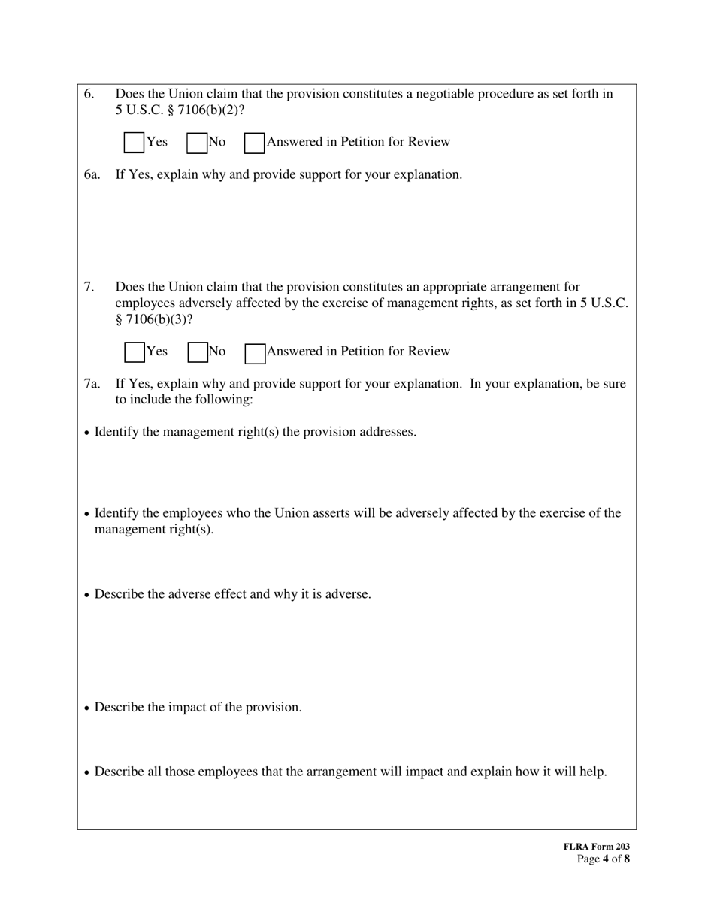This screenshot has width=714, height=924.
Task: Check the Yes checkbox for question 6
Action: [134, 143]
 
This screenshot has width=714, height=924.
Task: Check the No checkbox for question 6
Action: [197, 143]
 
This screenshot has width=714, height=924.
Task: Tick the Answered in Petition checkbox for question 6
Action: [255, 143]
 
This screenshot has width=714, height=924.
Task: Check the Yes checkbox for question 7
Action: [134, 352]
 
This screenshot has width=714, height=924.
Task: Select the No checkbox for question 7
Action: [197, 352]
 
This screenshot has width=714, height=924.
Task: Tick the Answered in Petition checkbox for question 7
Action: [255, 352]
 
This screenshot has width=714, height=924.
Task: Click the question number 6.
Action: [89, 94]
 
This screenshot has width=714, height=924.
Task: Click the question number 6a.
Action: [92, 174]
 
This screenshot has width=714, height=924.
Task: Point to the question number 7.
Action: [89, 287]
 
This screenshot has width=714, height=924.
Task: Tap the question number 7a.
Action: [92, 384]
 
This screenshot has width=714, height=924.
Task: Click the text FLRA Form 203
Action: [596, 847]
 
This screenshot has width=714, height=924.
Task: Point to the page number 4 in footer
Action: [605, 859]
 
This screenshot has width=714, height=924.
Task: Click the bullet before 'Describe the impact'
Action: [88, 708]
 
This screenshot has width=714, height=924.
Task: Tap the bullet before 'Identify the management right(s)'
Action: [88, 433]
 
